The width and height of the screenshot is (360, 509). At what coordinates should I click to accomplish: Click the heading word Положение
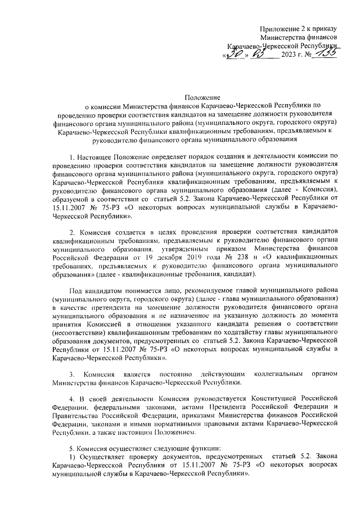tap(202, 97)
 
